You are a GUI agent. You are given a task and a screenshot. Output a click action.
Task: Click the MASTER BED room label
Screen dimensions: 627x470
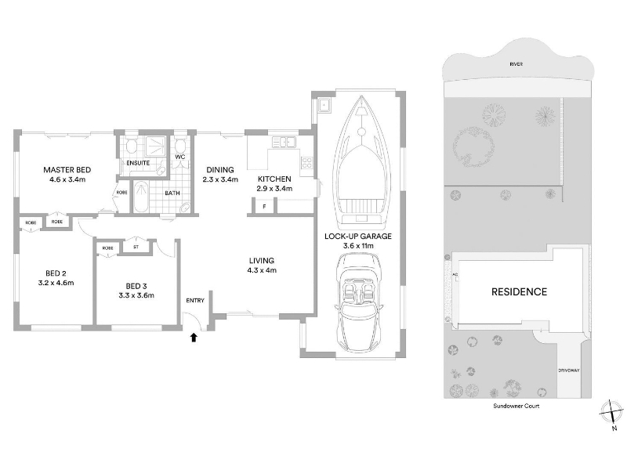point(67,170)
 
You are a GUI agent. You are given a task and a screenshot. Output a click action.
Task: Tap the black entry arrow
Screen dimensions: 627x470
point(194,338)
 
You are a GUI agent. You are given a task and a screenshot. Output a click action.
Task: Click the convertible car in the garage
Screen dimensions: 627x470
point(359,304)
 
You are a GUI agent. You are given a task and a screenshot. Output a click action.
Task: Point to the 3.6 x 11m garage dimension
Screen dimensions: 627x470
point(358,246)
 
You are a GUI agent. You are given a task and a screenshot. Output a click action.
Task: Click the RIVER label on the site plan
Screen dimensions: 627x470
point(516,64)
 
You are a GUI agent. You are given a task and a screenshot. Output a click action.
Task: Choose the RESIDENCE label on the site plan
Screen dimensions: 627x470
point(519,291)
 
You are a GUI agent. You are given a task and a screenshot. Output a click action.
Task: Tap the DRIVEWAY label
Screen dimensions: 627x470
point(569,371)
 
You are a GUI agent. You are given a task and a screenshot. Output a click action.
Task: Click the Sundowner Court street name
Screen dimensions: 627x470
point(516,406)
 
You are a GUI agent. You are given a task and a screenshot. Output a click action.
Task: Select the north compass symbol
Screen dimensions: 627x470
point(612,412)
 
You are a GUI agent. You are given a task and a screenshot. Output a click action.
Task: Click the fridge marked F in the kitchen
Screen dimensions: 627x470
point(264,206)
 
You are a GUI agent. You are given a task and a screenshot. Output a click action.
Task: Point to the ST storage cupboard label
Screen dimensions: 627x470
point(136,247)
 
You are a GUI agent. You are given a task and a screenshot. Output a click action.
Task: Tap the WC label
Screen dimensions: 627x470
point(180,157)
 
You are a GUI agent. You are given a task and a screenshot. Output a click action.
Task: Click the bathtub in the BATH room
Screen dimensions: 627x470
point(140,197)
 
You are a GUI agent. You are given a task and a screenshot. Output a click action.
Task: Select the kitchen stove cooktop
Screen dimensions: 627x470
point(306,163)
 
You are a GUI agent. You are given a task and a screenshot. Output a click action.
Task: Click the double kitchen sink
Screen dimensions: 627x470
point(284,142)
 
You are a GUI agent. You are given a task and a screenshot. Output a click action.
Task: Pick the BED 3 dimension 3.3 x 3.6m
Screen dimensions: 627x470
point(136,296)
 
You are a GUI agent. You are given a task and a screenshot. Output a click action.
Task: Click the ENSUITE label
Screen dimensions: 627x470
point(138,163)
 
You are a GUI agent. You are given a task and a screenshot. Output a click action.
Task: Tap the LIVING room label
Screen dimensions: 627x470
point(262,261)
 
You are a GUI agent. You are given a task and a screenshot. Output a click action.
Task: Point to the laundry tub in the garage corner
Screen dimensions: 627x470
point(324,106)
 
